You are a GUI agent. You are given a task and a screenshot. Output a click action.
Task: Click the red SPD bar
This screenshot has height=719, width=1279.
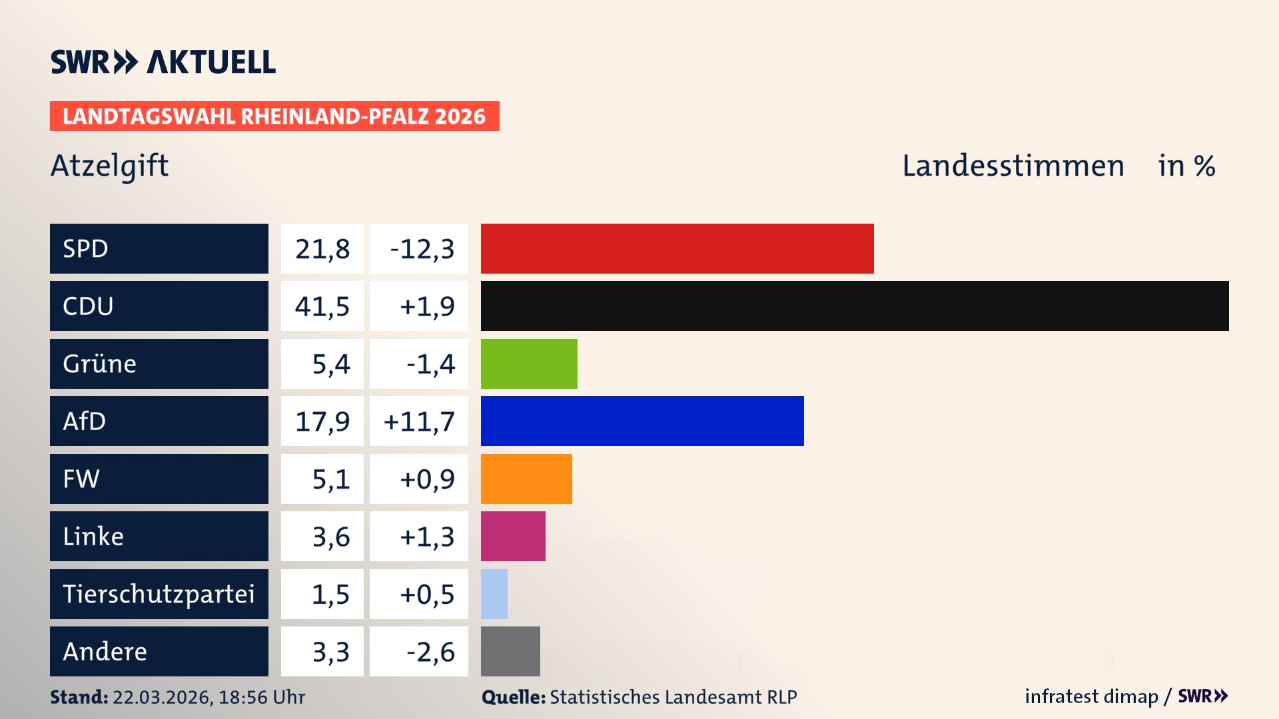[677, 248]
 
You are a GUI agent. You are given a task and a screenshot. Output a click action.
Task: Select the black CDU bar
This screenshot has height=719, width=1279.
[855, 306]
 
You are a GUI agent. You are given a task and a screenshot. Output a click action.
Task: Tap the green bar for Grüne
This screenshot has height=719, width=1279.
[529, 363]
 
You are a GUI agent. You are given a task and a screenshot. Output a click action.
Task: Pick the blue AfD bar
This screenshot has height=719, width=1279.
[642, 421]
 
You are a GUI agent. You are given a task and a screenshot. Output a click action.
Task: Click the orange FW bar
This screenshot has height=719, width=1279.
[526, 479]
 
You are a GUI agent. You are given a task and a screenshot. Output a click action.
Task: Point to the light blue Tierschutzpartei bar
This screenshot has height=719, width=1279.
[494, 594]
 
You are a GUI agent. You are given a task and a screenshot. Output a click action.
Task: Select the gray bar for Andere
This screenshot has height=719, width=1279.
[510, 651]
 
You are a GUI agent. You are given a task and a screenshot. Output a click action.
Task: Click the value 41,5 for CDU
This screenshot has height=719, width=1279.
[322, 306]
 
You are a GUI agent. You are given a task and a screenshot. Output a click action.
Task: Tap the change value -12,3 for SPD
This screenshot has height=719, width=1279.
[422, 249]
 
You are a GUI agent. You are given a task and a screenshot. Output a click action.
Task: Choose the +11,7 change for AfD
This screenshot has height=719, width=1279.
[419, 421]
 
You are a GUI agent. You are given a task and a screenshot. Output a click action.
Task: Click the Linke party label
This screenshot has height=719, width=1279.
[93, 537]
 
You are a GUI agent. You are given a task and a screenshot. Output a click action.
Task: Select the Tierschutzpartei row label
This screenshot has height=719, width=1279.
[159, 594]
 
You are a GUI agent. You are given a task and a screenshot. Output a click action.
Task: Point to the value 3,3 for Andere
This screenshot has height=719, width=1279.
[330, 652]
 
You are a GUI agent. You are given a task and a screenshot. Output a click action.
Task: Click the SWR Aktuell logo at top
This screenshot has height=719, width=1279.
[163, 62]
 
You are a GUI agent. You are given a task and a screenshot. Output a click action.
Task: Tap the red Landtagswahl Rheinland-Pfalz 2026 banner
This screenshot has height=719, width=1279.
[274, 117]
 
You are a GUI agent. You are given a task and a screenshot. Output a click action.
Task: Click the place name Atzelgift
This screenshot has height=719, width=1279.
[110, 166]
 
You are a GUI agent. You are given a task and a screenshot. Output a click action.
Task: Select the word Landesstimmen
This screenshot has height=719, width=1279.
[1013, 166]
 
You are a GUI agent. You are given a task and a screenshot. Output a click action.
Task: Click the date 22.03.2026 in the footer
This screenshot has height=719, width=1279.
[162, 697]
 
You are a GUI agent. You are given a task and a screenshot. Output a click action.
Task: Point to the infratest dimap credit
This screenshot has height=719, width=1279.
[1091, 696]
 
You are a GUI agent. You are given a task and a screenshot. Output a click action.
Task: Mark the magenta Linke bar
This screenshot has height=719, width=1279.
[513, 537]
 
